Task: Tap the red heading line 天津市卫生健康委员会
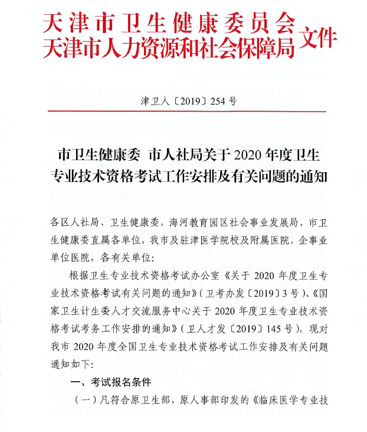(169, 23)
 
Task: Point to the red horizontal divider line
(186, 111)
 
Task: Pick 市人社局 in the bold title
(172, 155)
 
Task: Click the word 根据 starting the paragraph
(78, 276)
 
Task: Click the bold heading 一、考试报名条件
(111, 382)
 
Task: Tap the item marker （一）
(83, 399)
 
